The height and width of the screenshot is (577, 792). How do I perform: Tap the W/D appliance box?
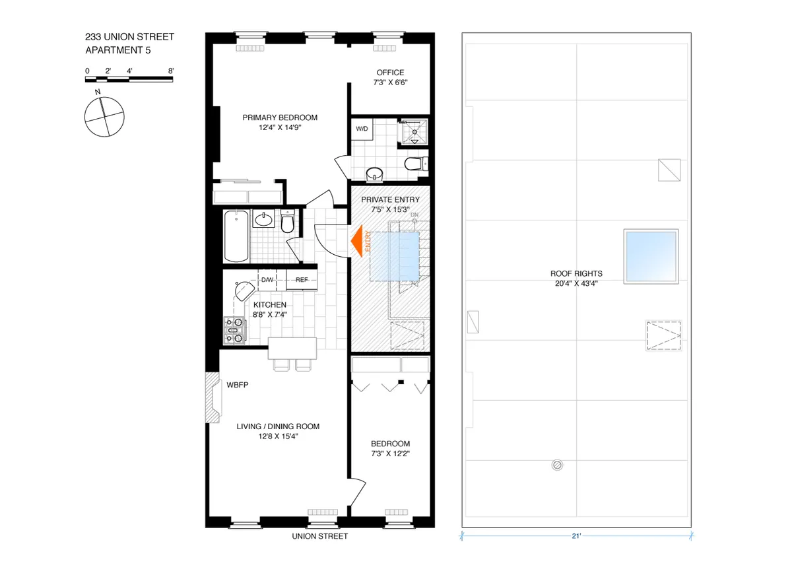pos(362,129)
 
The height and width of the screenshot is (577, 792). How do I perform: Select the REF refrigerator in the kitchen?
pos(302,280)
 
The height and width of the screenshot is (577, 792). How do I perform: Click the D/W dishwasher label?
pos(267,280)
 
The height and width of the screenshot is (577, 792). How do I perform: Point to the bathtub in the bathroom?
pos(236,236)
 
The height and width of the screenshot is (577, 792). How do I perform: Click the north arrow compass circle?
pos(104,117)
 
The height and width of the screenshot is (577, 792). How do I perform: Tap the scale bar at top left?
pos(129,79)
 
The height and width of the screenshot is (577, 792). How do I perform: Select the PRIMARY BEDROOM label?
pos(280,118)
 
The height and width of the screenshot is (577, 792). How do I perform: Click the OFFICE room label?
pos(391,73)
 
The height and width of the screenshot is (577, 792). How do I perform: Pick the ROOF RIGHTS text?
pos(576,273)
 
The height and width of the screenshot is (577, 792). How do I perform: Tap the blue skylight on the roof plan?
pos(651,256)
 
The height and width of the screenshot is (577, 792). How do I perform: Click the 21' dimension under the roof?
pos(576,537)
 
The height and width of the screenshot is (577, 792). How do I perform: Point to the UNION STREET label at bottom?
pos(319,537)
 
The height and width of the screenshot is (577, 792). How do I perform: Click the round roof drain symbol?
pos(558,465)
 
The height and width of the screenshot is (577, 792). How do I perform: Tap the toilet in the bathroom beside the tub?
pos(287,223)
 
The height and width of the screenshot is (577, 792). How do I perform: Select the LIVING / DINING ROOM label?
pos(278,426)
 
